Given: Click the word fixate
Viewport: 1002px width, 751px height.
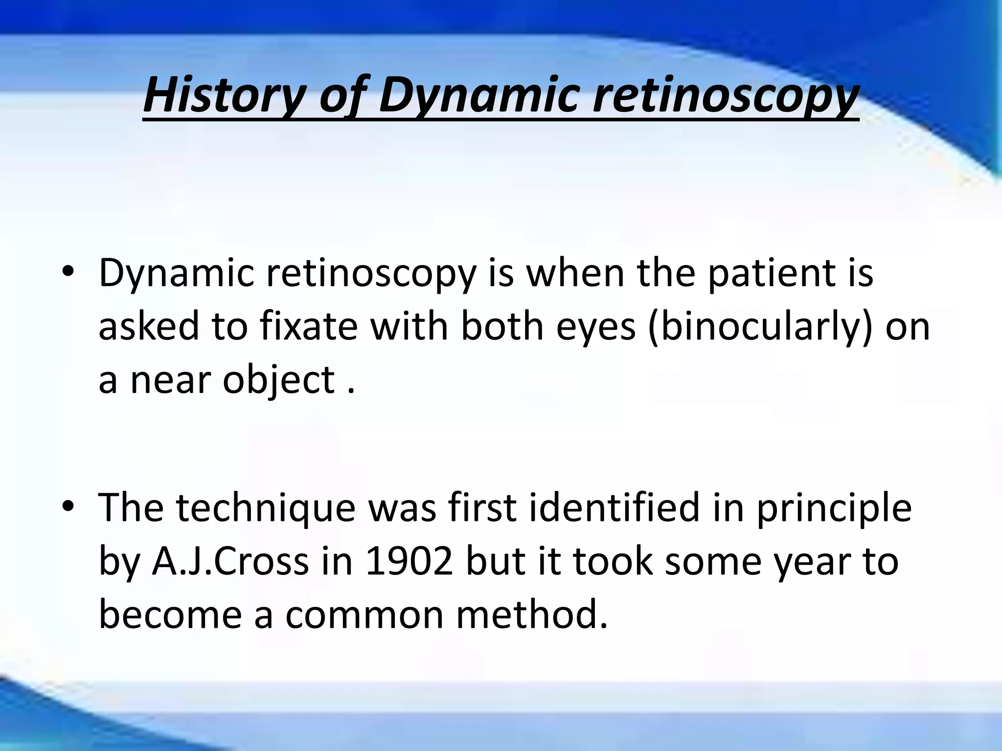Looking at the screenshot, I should (x=309, y=326).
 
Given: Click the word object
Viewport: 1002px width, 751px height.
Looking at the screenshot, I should (x=278, y=380).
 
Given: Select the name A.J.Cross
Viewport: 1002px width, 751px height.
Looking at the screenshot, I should (x=230, y=561).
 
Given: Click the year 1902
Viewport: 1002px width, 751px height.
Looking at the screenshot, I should (x=409, y=561).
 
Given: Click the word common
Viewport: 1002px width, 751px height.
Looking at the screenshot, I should (x=364, y=614).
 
